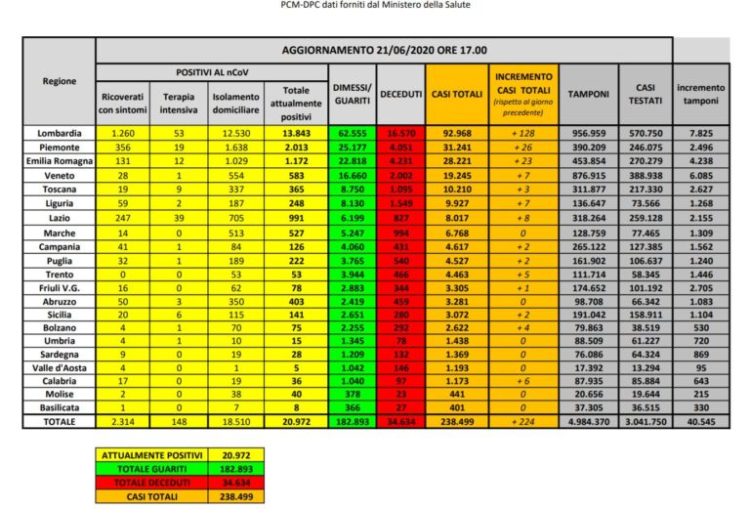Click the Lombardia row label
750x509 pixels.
coord(59,132)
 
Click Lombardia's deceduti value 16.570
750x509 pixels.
coord(400,132)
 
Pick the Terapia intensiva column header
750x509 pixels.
coord(180,103)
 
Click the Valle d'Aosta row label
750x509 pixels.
coord(59,365)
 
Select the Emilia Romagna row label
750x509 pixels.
coord(59,159)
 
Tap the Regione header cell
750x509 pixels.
coord(59,81)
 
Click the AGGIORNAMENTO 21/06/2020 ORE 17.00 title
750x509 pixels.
coord(385,50)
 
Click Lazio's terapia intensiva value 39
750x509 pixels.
coord(180,221)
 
